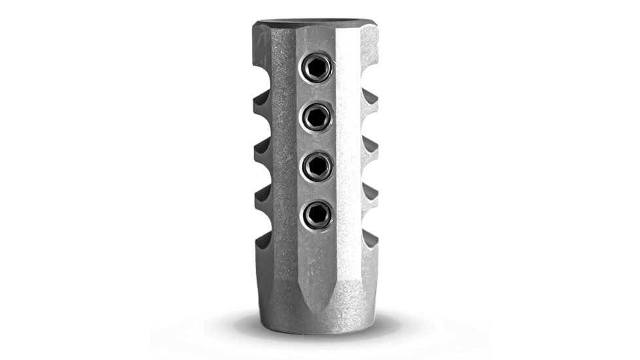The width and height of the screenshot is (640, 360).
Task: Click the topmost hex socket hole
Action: [x=317, y=67]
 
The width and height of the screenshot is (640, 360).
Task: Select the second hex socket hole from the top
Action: [x=317, y=117]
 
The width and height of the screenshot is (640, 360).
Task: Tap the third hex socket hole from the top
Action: [x=317, y=166]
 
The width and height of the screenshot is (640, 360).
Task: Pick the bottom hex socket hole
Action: [x=317, y=214]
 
